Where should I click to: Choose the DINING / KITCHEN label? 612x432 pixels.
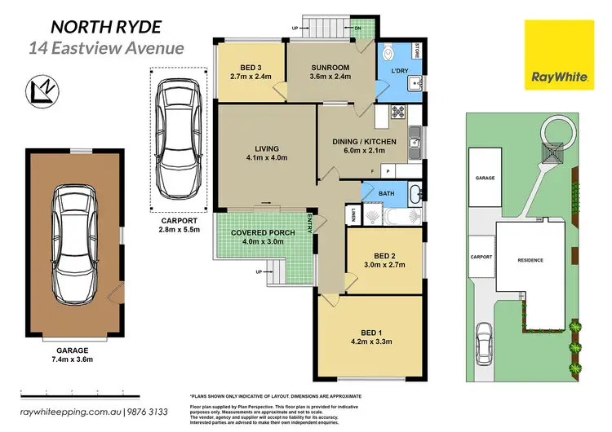363,141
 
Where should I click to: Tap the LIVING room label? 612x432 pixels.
266,148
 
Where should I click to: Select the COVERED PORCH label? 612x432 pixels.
265,232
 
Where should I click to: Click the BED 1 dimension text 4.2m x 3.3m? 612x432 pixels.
371,342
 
